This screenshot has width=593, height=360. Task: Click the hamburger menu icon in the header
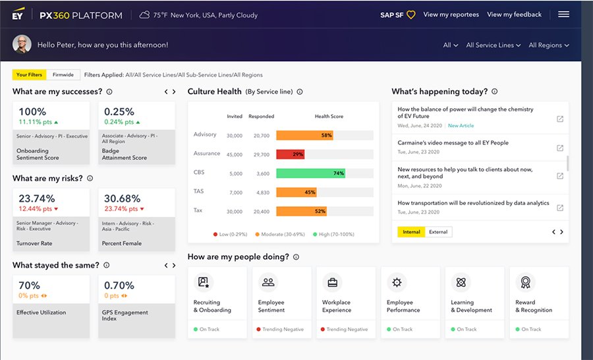pos(563,15)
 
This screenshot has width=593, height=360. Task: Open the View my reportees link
pos(451,15)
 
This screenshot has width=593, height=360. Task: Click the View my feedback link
pos(514,15)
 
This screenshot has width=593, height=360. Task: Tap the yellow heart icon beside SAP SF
pos(410,15)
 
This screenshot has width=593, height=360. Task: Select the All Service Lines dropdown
pos(494,45)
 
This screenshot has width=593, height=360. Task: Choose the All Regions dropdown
pos(548,45)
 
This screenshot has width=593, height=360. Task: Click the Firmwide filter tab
pos(63,75)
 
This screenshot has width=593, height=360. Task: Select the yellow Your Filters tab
pos(30,75)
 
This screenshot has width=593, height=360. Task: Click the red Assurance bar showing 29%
pos(291,154)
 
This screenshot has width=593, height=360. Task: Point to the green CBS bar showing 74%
pos(310,173)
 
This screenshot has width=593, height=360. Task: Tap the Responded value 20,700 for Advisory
pos(261,136)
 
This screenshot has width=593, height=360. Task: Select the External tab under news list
pos(438,232)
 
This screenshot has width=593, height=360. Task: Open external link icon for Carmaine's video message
pos(559,148)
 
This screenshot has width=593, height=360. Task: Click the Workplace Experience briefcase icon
pos(332,282)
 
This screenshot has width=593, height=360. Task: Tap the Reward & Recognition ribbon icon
pos(525,282)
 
